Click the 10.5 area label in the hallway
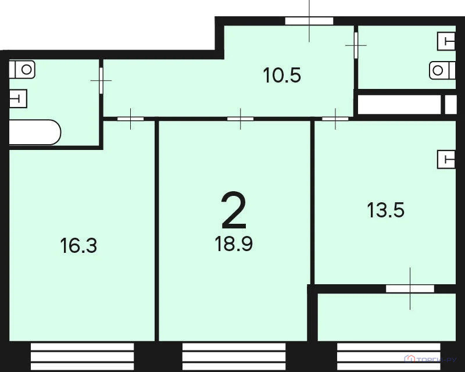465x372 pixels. pos(282,76)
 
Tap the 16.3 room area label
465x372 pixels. pos(78,246)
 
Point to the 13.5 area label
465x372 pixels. pos(386,210)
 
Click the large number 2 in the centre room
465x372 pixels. pos(234,212)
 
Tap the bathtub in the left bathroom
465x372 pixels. pos(34,133)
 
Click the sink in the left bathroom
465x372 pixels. pos(18,98)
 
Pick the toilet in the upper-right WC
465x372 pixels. pos(442,70)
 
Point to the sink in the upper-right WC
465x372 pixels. pos(446,42)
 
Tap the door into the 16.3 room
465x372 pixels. pos(131,119)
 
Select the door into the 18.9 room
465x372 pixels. pos(240,119)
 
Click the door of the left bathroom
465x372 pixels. pos(102,81)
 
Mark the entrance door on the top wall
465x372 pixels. pos(309,21)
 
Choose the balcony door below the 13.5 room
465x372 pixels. pos(410,288)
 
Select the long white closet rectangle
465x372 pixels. pos(399,105)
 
